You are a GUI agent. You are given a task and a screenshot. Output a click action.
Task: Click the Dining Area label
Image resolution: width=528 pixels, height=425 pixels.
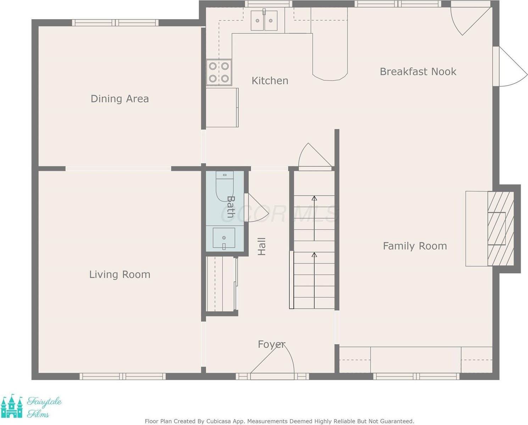pos(120,99)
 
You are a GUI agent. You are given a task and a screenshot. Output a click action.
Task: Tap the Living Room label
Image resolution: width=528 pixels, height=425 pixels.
pos(120,274)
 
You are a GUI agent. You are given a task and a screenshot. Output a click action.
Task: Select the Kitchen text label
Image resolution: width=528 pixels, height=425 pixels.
pos(270,81)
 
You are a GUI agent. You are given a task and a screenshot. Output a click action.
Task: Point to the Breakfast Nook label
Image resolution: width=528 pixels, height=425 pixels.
pos(418,72)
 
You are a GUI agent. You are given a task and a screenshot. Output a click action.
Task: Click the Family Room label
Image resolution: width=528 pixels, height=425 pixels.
pos(415,246)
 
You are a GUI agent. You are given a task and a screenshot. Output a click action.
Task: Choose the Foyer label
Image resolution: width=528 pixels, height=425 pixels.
pos(271,344)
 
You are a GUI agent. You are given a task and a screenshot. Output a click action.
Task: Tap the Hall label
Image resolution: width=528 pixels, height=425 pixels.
pos(262,247)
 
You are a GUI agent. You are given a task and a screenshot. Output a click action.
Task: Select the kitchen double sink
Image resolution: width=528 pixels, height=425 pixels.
pos(264,21)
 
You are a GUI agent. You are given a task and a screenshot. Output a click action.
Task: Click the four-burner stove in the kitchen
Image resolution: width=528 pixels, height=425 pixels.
pos(219,72)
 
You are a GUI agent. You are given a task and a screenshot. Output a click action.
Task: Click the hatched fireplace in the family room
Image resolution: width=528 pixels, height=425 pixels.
pos(500,229)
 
